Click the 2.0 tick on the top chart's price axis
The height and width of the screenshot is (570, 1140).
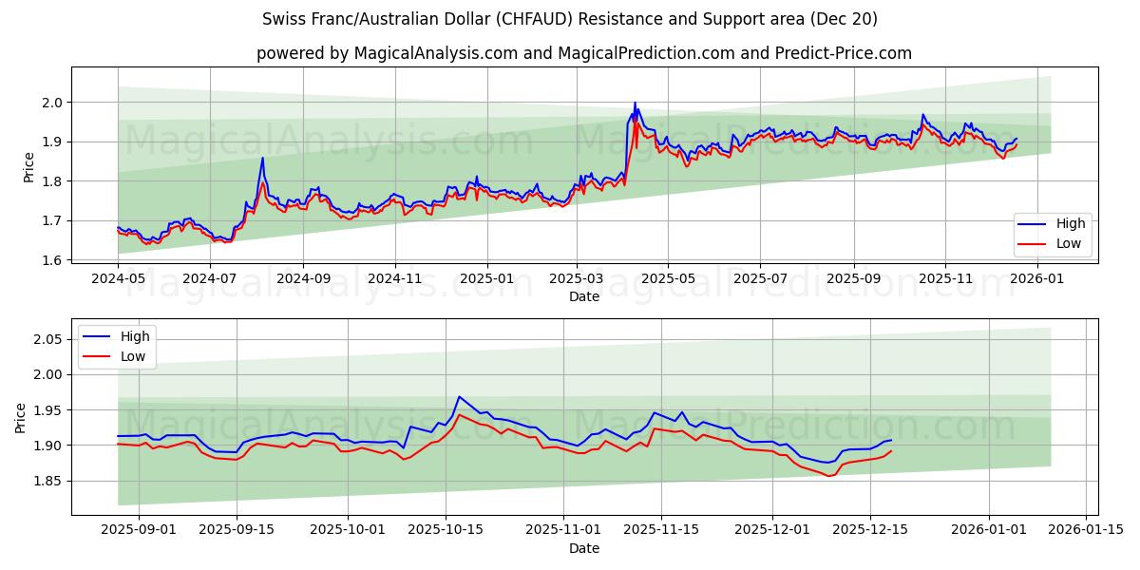point(52,103)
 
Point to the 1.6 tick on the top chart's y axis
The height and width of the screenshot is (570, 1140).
point(52,260)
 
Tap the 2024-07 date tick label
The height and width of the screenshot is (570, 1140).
point(210,279)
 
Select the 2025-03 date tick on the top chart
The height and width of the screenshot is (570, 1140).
point(577,279)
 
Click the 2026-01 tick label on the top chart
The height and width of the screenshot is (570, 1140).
point(1036,279)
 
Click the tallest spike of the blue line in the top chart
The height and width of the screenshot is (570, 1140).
point(635,104)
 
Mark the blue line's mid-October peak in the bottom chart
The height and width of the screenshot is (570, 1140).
point(459,397)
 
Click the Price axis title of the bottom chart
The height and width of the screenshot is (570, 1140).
point(21,417)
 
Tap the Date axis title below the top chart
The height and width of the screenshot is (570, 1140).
point(583,296)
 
